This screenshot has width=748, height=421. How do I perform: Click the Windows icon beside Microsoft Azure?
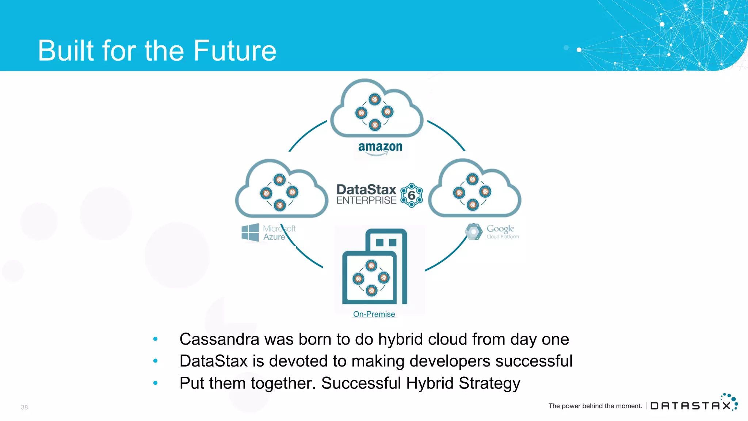point(250,232)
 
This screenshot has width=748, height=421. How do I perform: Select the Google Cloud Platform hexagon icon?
point(473,232)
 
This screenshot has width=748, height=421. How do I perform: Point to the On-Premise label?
point(374,314)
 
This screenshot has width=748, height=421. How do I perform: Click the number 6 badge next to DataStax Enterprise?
point(412,196)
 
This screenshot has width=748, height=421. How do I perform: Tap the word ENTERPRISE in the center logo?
point(366,200)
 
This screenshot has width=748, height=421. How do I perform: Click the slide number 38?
point(24,407)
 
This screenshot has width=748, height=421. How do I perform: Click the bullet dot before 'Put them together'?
point(155,383)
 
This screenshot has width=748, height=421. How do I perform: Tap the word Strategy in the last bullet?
point(489,384)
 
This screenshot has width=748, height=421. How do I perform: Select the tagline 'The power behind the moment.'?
point(595,406)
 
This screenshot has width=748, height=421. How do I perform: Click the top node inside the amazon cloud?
point(374,99)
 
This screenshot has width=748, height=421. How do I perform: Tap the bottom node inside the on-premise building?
point(371,291)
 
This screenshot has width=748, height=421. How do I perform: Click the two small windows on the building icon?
point(386,242)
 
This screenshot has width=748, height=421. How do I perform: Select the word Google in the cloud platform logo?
point(500,229)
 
